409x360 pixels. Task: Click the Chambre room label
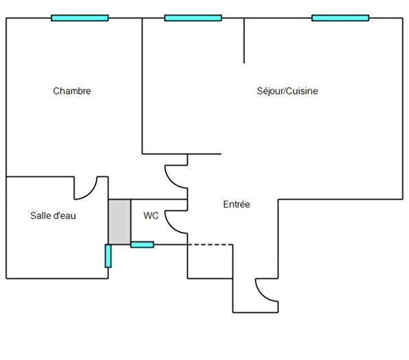coord(72,91)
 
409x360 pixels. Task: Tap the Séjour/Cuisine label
coord(287,91)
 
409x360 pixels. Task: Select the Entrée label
coord(237,204)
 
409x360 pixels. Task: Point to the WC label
coord(151,215)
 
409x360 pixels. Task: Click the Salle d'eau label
coord(53,215)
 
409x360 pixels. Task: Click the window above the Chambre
coord(80,18)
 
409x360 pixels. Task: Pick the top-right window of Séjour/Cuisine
coord(340,18)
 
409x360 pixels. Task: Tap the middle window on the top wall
coord(193,18)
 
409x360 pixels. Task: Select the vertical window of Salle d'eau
coord(108,256)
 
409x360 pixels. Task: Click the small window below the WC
coord(142,245)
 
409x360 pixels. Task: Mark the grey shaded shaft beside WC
coord(119,222)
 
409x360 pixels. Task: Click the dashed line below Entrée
coord(210,245)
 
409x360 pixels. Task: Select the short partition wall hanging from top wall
coord(244,40)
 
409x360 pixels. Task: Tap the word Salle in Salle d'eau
coord(38,215)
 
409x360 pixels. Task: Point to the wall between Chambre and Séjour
coord(142,86)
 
